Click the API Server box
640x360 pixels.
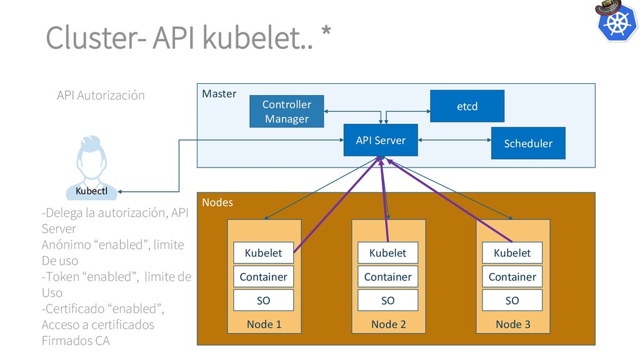[x=381, y=141]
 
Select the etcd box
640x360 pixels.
[x=467, y=106]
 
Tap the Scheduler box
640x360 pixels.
[x=528, y=143]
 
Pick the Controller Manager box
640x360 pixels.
[x=287, y=111]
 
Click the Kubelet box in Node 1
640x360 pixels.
[x=263, y=252]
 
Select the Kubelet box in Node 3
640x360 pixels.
[x=512, y=252]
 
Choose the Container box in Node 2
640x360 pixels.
[x=387, y=276]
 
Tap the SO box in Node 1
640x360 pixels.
[x=263, y=300]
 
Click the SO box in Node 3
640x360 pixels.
[x=512, y=300]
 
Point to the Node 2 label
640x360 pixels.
[x=388, y=324]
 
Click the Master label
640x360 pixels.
[x=219, y=94]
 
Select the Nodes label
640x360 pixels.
[x=217, y=202]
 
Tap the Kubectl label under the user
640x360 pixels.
[x=92, y=190]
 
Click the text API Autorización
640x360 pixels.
[x=101, y=95]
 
